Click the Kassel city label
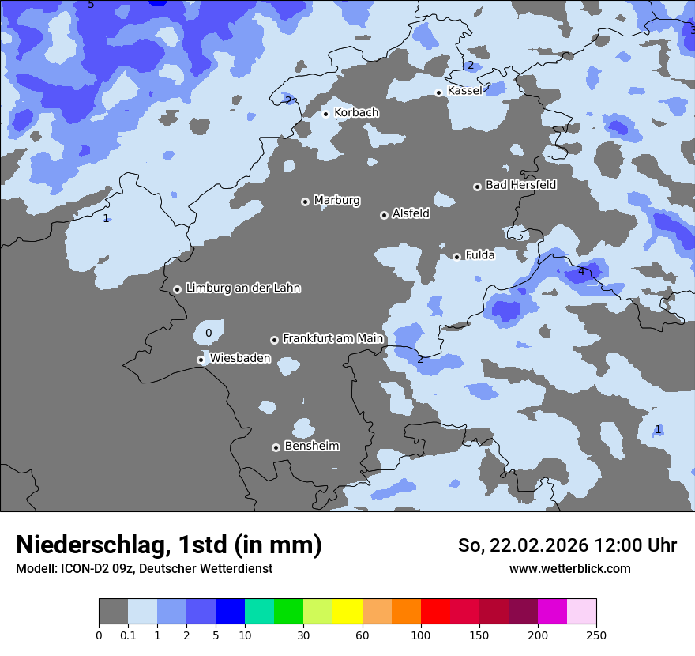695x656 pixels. (x=464, y=91)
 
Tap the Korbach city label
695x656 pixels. (x=356, y=113)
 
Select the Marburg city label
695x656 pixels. (x=336, y=201)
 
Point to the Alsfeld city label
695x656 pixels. (x=411, y=213)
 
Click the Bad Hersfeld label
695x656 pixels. (x=520, y=185)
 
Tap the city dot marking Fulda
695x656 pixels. (x=456, y=257)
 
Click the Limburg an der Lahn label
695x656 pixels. (x=242, y=288)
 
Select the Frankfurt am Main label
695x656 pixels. (x=332, y=338)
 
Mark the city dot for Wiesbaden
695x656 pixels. (x=201, y=360)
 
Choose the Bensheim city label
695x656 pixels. (x=311, y=447)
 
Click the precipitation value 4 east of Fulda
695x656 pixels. (x=581, y=272)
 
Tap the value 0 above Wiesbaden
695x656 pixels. (x=208, y=334)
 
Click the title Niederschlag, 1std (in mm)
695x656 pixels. (x=169, y=545)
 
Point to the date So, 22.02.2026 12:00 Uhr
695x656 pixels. (x=567, y=545)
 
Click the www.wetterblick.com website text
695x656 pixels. (x=569, y=569)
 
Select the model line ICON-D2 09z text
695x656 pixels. (x=144, y=569)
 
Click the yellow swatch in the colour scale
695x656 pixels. (x=347, y=612)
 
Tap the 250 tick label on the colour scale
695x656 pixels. (x=596, y=635)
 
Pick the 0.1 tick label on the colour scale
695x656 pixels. (x=128, y=635)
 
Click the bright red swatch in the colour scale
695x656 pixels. (x=435, y=612)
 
